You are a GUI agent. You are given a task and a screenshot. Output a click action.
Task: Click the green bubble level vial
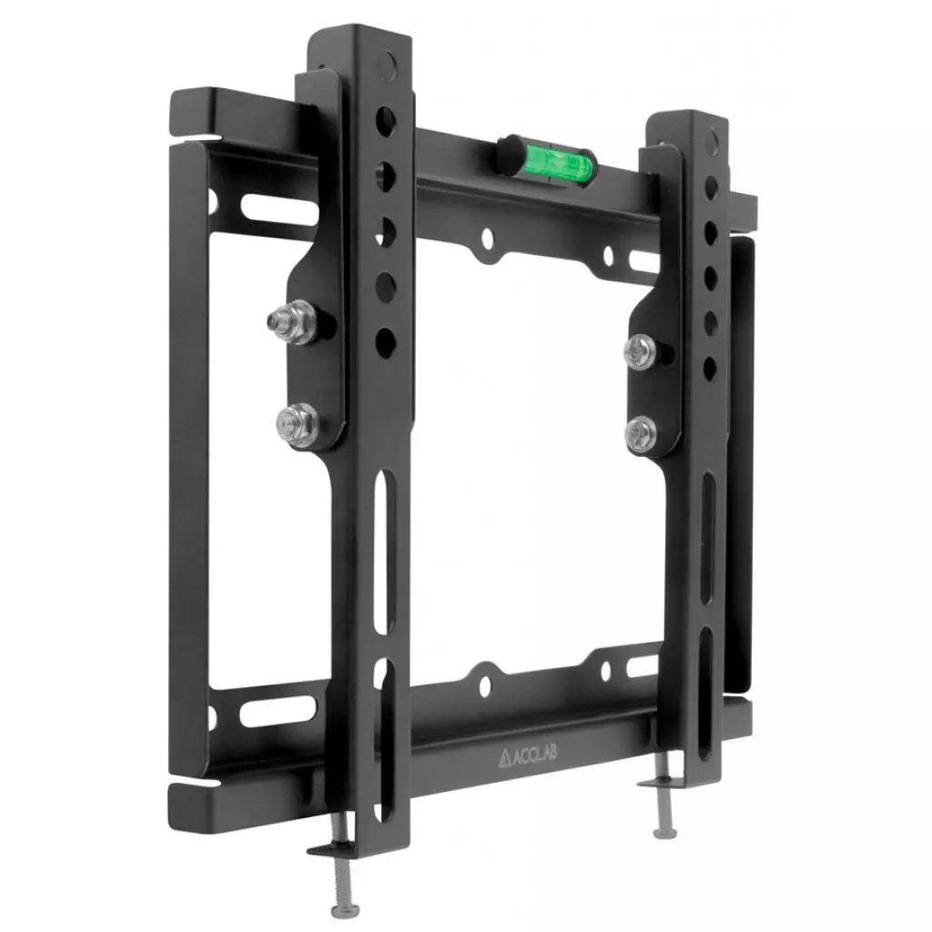click(x=558, y=159)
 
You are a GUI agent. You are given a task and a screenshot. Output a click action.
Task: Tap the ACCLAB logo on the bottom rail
click(x=528, y=756)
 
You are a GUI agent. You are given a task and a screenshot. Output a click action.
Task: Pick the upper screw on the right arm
click(x=641, y=351)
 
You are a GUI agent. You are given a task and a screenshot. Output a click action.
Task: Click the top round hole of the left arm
click(x=386, y=122)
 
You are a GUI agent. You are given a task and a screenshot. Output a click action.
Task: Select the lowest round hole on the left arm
click(x=386, y=343)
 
